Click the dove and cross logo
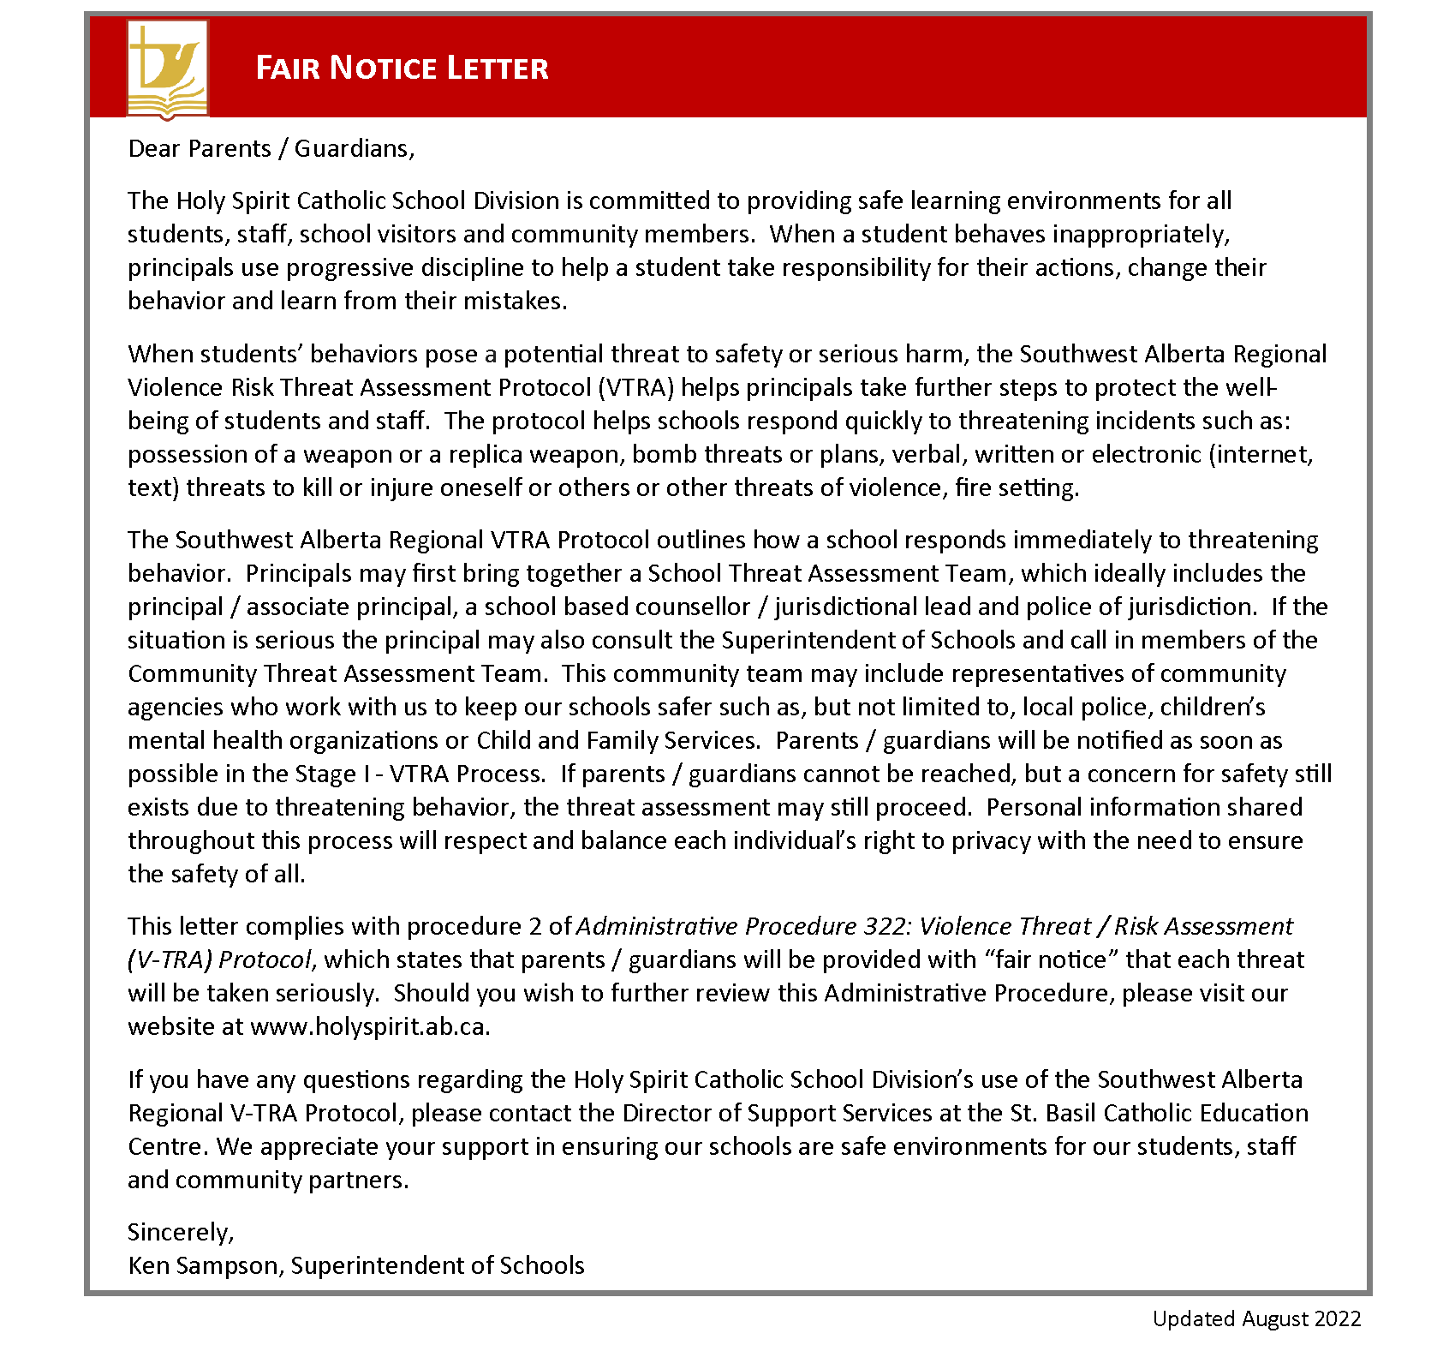168,69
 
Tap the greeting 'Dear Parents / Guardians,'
271,148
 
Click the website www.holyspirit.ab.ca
370,1026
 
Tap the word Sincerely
180,1232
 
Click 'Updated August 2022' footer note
1256,1318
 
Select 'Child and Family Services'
617,740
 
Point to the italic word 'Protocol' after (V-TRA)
265,959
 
